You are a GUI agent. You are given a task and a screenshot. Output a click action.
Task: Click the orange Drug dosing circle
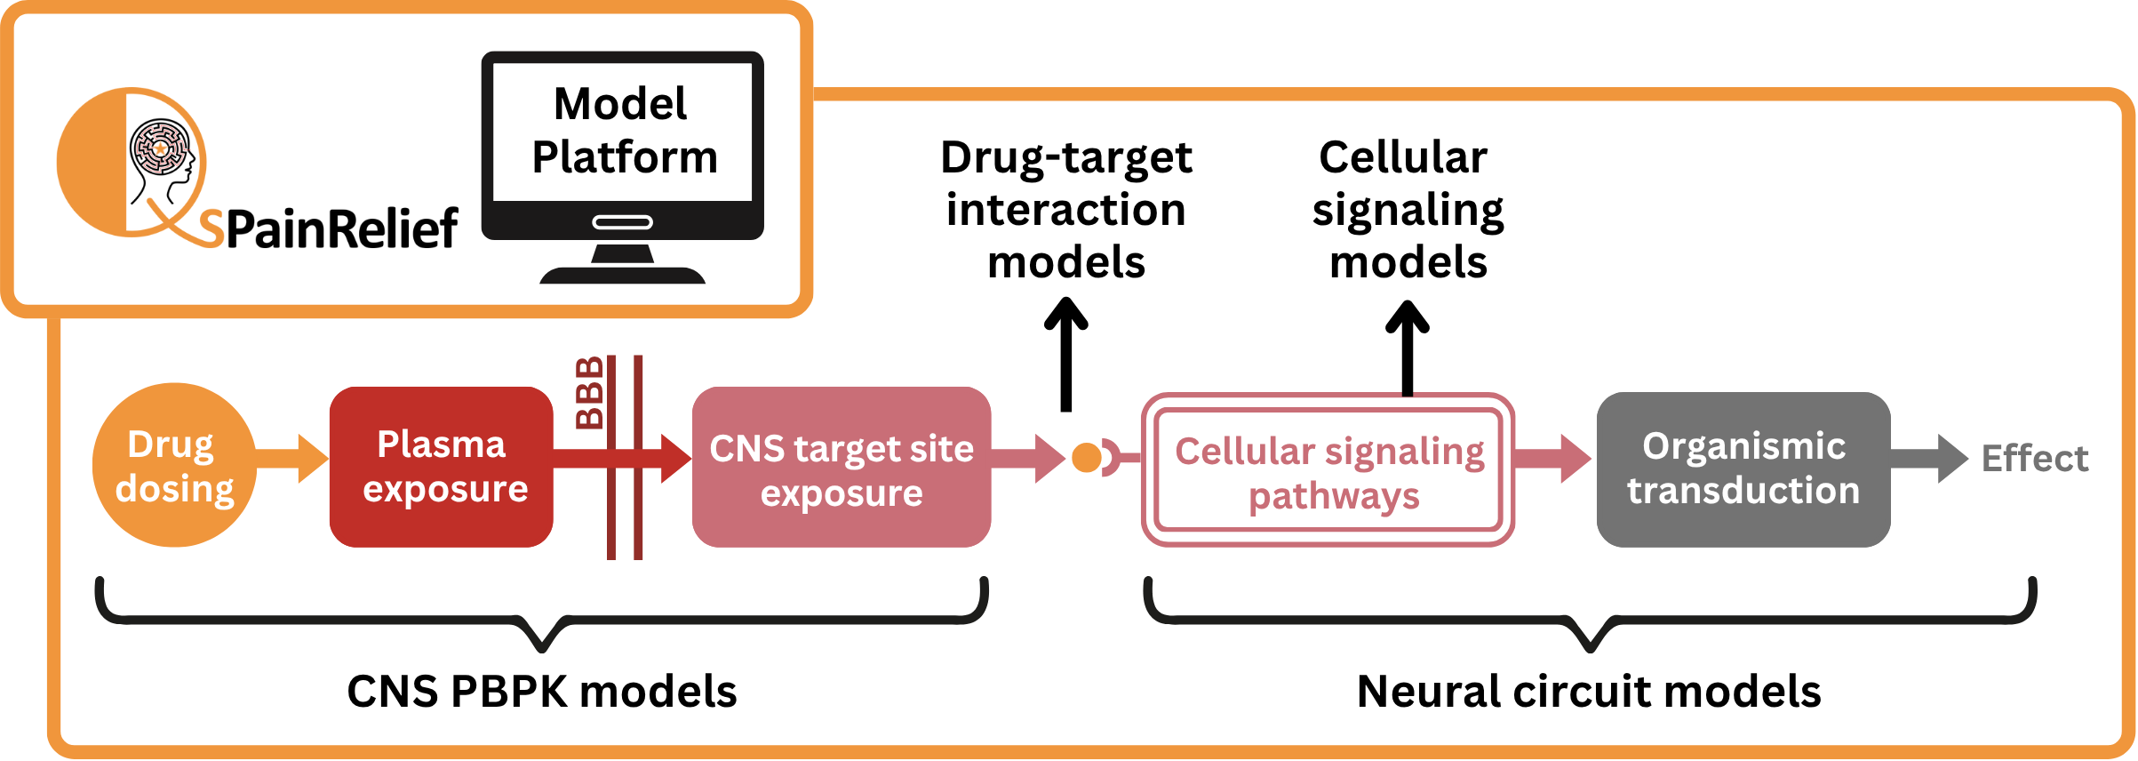click(x=174, y=465)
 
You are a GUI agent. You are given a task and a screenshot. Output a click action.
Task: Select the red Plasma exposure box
click(x=442, y=467)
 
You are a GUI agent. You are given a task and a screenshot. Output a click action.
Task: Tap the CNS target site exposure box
click(x=842, y=468)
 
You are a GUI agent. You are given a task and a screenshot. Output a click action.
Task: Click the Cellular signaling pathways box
click(x=1328, y=471)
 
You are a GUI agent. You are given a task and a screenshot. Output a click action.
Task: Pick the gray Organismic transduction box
click(x=1743, y=469)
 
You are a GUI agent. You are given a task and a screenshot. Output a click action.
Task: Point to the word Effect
click(x=2034, y=459)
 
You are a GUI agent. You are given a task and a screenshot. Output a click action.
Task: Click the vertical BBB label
click(x=589, y=393)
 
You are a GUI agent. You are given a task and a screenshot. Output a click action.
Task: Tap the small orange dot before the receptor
click(x=1086, y=458)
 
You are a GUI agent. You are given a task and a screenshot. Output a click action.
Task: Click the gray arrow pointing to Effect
click(x=1928, y=459)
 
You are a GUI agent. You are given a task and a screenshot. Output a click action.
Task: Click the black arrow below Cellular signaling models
click(x=1408, y=348)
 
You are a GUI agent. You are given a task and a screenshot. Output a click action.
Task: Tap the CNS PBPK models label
click(x=541, y=692)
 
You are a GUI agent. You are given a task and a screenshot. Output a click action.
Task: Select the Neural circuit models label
click(x=1589, y=692)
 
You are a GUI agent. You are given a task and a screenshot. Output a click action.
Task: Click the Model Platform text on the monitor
click(x=623, y=130)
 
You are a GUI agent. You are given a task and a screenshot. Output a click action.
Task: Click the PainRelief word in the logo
click(x=342, y=228)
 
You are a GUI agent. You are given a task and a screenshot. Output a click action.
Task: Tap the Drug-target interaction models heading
click(x=1065, y=210)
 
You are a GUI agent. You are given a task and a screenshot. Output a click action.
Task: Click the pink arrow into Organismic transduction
click(x=1552, y=459)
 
